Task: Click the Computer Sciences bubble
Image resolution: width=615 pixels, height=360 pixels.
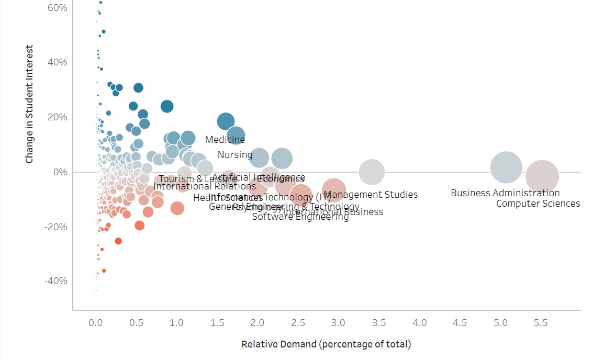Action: [x=542, y=177]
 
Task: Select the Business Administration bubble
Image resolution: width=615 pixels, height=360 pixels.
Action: [x=506, y=167]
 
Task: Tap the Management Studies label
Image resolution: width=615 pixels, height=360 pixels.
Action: [x=371, y=195]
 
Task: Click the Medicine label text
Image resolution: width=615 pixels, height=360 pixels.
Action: [x=225, y=140]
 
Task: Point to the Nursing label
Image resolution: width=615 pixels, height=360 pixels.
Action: [x=235, y=155]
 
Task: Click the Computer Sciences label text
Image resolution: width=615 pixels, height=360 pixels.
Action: [x=538, y=204]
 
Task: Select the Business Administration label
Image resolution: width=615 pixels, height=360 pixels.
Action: [x=505, y=193]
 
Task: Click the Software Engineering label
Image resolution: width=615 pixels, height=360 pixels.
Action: [x=300, y=217]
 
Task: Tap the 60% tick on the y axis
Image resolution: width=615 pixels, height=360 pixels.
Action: [x=57, y=8]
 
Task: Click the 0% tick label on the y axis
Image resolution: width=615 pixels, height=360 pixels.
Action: [x=59, y=172]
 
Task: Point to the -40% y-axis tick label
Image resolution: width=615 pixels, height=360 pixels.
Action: [x=55, y=281]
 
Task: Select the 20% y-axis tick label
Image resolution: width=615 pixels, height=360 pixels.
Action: [x=57, y=117]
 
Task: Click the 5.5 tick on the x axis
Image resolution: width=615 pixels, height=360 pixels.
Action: [x=541, y=323]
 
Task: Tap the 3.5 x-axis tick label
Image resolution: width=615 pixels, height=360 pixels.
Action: [x=379, y=323]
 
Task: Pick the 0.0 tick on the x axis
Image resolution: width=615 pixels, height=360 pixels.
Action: [x=96, y=323]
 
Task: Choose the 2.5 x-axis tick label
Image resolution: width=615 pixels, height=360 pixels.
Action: [x=298, y=323]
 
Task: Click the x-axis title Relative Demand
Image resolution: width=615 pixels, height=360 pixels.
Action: [x=326, y=344]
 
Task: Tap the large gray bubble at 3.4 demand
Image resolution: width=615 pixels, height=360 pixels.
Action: [x=372, y=172]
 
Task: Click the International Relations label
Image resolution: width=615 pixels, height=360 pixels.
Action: [x=205, y=186]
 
